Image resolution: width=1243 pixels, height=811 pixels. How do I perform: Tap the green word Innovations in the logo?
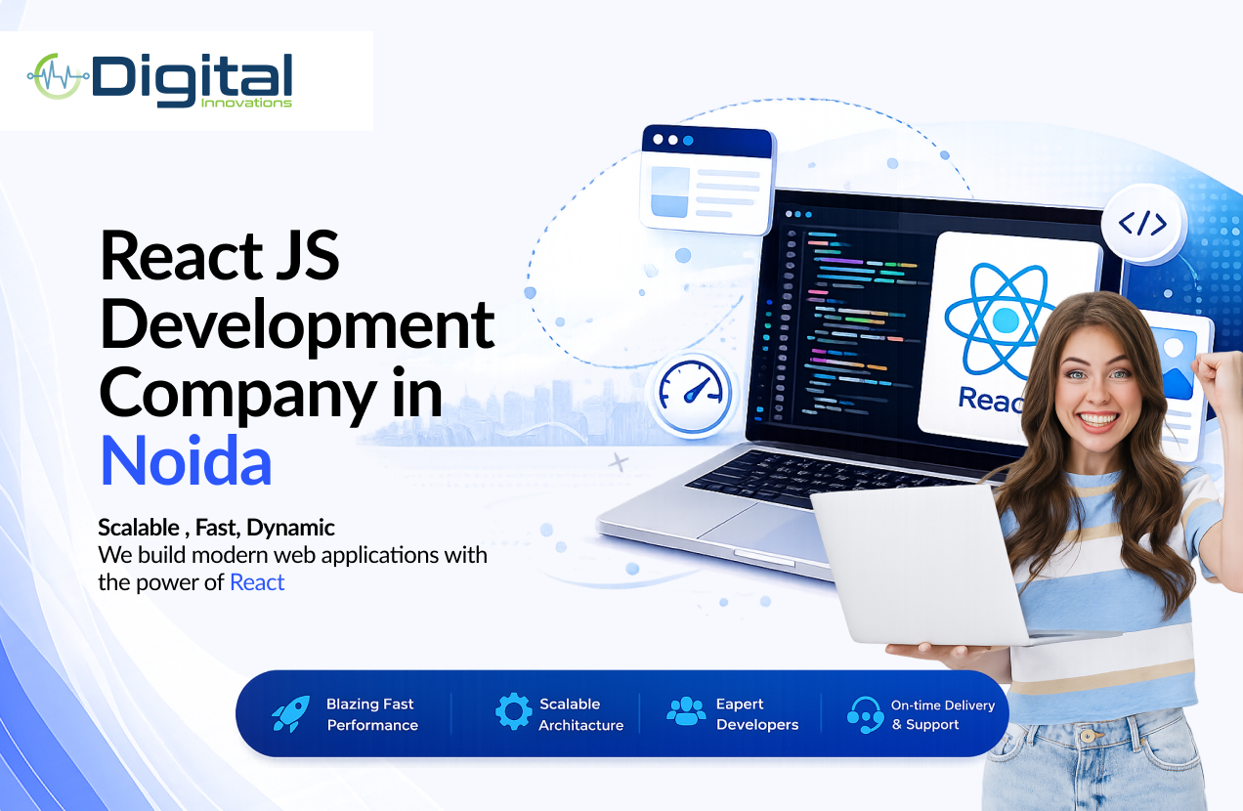246,103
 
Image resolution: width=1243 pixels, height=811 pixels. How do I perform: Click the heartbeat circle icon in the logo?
57,76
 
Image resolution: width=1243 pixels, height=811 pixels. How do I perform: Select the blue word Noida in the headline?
186,460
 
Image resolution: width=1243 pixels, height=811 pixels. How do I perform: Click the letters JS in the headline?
307,256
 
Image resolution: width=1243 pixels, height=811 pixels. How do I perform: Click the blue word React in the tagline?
257,582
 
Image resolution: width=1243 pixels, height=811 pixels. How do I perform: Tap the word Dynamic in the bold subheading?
290,528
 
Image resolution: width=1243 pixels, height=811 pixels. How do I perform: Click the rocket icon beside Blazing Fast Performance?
291,714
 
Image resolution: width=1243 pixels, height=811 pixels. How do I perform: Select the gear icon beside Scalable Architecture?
514,711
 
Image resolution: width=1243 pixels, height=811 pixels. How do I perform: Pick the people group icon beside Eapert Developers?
686,711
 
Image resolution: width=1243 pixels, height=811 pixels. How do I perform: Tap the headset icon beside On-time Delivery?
865,714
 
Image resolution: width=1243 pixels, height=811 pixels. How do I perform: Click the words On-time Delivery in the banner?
943,705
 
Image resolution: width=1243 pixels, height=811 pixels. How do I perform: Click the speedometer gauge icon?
692,393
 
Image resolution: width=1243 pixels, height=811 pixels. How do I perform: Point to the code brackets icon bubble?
1142,224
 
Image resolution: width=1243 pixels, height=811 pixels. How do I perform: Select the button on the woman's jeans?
1087,736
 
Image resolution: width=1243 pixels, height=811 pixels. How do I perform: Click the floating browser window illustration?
707,180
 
